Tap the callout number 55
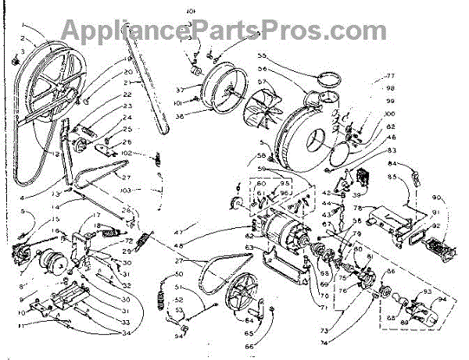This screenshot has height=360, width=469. [x=263, y=56]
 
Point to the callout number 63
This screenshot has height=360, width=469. [x=249, y=248]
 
